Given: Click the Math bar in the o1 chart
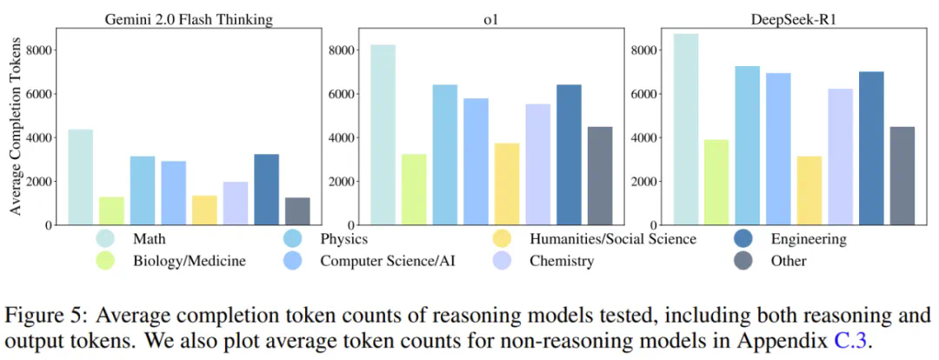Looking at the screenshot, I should pos(383,135).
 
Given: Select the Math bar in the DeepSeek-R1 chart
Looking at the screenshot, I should pos(686,130).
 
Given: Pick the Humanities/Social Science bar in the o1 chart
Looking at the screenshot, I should pos(507,183).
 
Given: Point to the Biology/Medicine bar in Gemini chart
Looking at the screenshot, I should pos(111,210).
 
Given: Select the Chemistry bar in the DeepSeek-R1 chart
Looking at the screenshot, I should pos(841,157).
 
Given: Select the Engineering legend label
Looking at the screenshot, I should pos(808,238).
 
